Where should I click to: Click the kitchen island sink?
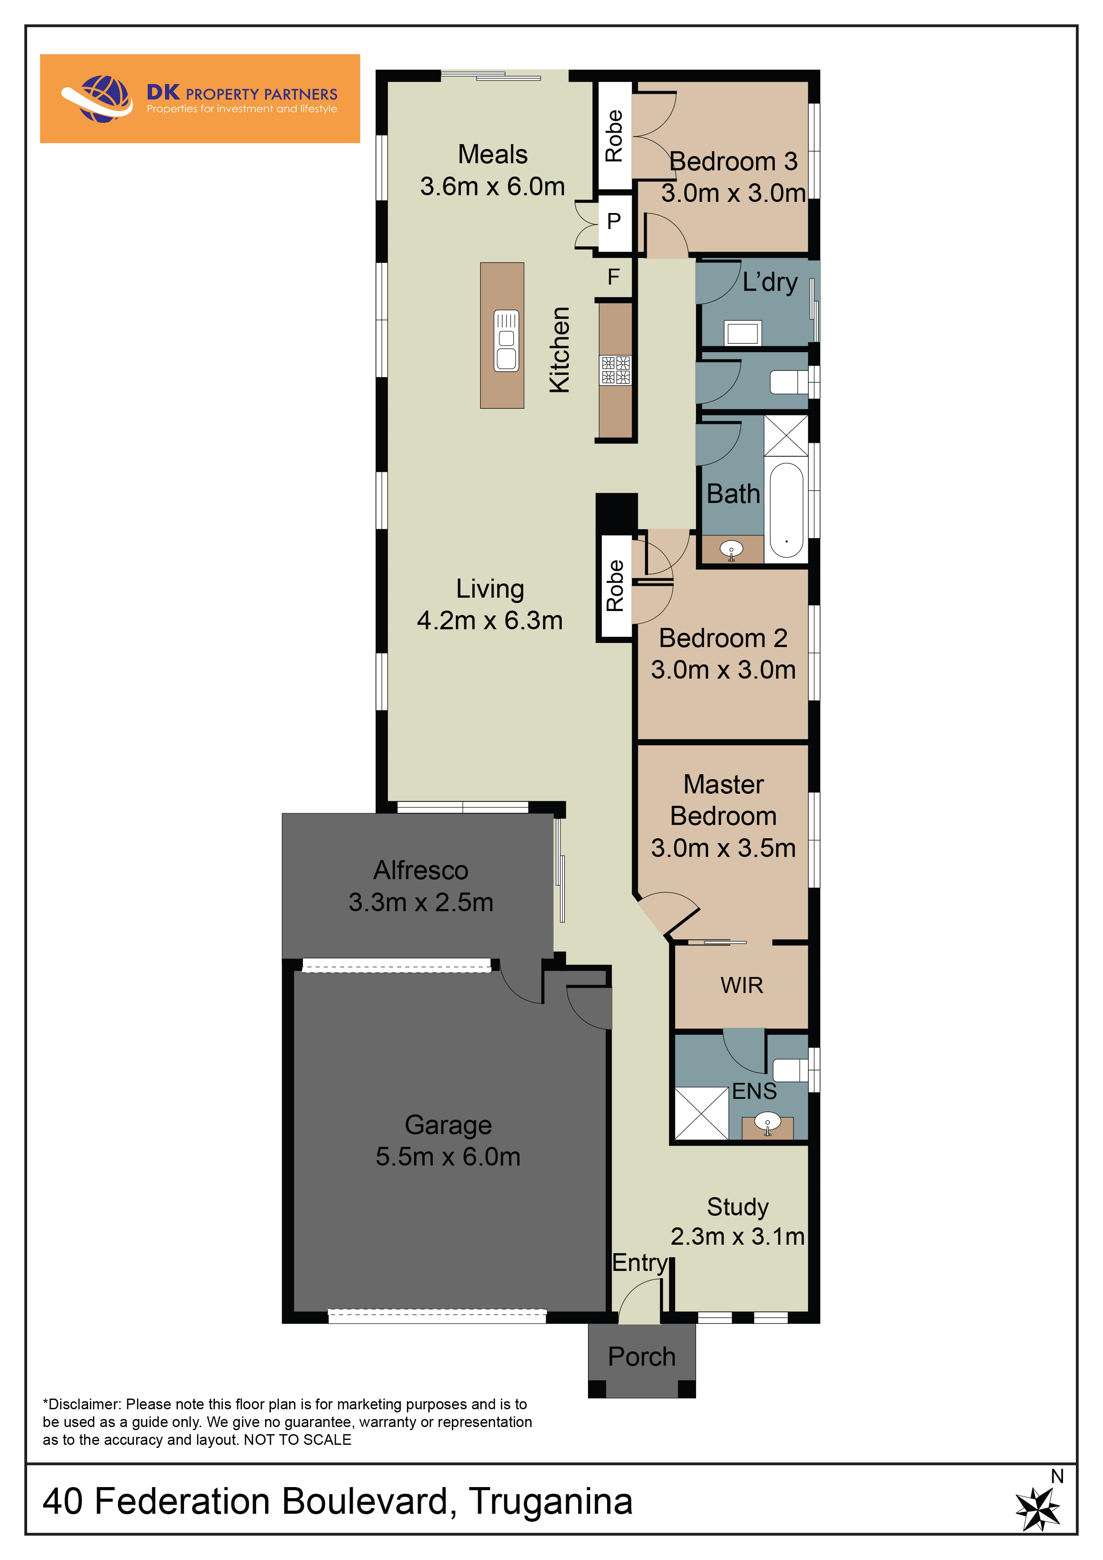point(506,340)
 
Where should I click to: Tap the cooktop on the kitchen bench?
point(616,370)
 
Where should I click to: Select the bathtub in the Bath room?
point(786,510)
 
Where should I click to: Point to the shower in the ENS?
point(701,1114)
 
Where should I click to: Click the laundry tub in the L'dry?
point(743,333)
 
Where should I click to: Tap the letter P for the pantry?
point(614,221)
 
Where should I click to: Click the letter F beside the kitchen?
point(614,277)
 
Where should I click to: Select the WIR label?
point(741,985)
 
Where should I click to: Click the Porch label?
point(641,1357)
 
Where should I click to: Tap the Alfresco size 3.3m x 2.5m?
point(421,902)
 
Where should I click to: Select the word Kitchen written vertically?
point(560,349)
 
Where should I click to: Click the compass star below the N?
point(1038,1509)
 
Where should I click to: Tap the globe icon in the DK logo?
point(103,99)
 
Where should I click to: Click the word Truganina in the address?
point(551,1502)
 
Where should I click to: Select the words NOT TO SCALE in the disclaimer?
point(298,1440)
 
